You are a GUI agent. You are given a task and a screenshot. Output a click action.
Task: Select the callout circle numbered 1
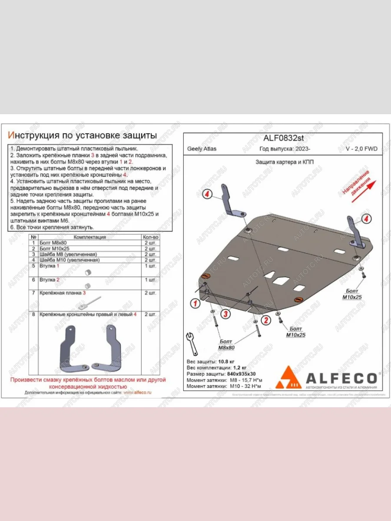coord(196,303)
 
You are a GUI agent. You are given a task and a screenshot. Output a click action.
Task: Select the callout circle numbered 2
coord(265,320)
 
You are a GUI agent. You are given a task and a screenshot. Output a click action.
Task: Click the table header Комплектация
coord(89,237)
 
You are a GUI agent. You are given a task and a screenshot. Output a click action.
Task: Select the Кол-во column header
coord(150,237)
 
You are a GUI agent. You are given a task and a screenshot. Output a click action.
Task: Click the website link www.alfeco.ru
coord(137,392)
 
